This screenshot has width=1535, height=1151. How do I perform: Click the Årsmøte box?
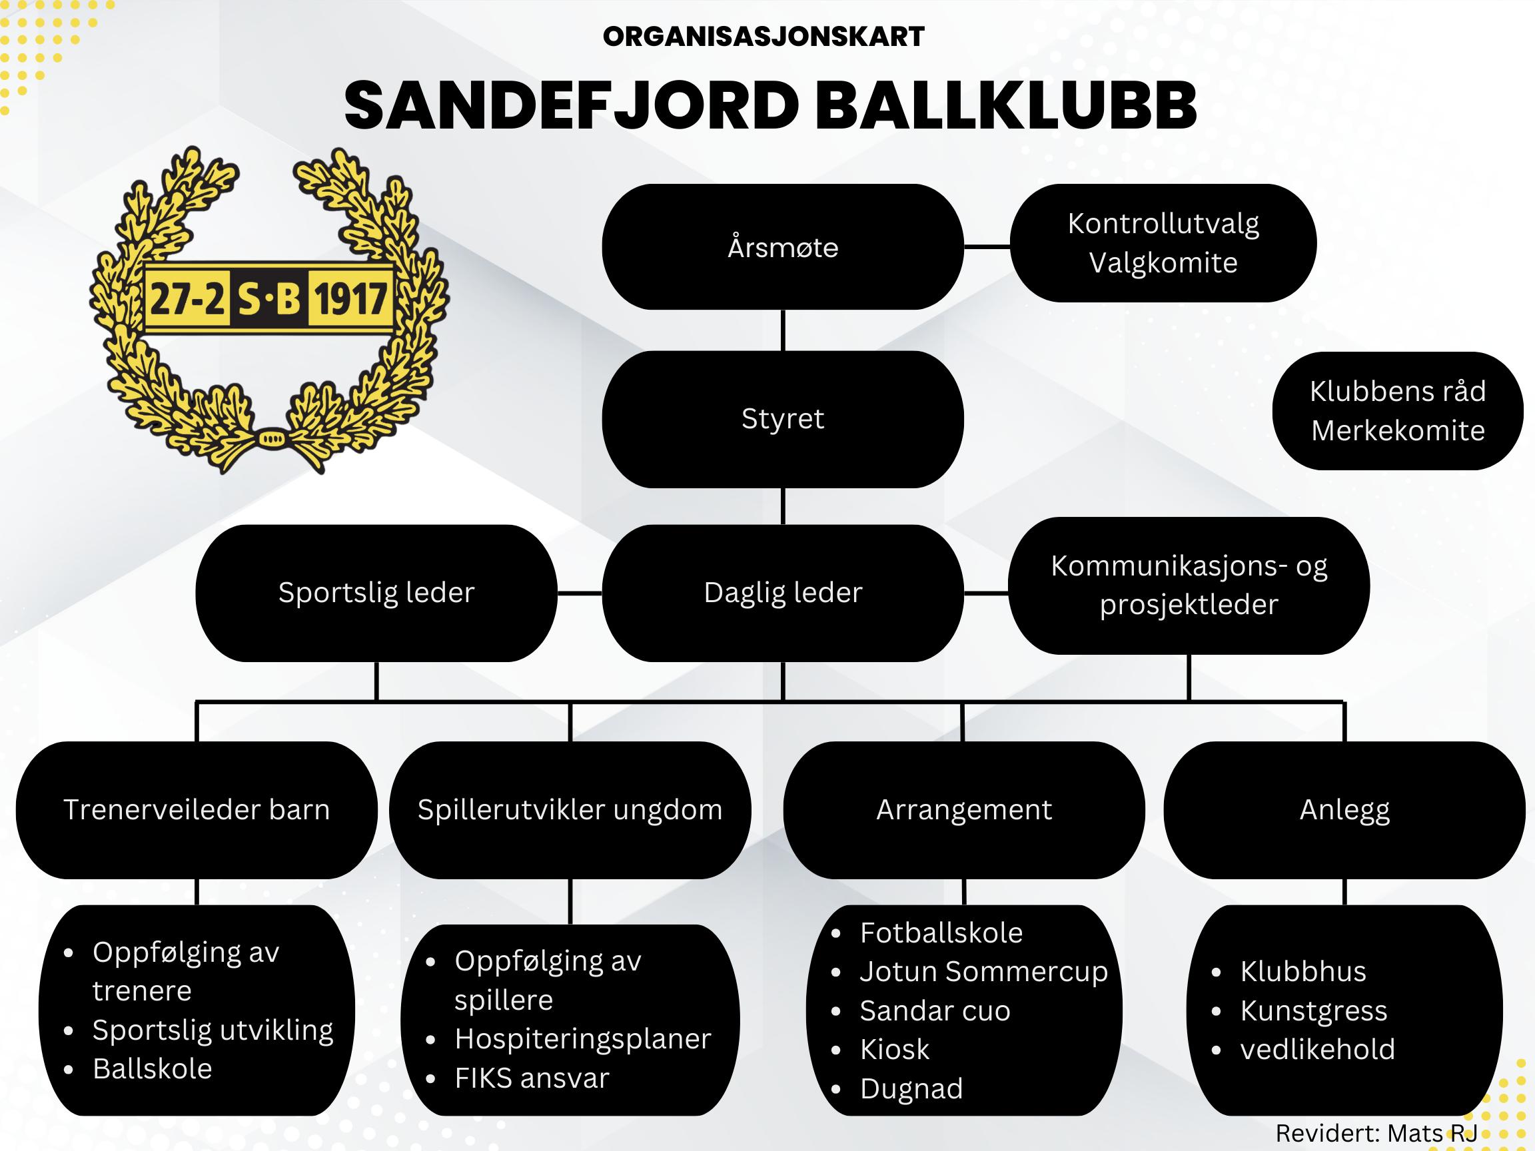click(x=782, y=247)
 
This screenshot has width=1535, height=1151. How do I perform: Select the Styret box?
click(x=782, y=419)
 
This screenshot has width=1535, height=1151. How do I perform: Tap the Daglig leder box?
click(x=782, y=593)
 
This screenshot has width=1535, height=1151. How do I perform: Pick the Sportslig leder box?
click(x=376, y=593)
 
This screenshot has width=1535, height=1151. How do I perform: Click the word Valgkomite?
click(x=1163, y=263)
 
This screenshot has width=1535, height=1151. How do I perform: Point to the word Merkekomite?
click(x=1398, y=431)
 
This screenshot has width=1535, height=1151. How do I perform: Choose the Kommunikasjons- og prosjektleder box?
click(x=1189, y=585)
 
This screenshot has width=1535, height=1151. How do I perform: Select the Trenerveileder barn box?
click(x=197, y=810)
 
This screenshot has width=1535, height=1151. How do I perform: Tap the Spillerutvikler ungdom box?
click(x=570, y=810)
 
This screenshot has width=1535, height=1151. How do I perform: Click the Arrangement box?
click(x=964, y=810)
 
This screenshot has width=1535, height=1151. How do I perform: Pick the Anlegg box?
click(x=1344, y=810)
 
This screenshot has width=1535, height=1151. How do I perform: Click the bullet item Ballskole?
click(x=152, y=1069)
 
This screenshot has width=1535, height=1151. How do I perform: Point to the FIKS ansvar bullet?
click(x=532, y=1078)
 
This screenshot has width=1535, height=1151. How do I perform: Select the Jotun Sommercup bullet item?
click(x=983, y=971)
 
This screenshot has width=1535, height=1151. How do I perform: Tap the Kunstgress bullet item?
click(x=1314, y=1011)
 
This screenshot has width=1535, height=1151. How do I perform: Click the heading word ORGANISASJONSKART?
click(x=764, y=37)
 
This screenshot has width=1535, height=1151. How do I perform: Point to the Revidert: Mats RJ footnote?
click(x=1376, y=1133)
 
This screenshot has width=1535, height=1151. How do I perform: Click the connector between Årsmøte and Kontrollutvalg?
click(x=987, y=246)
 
